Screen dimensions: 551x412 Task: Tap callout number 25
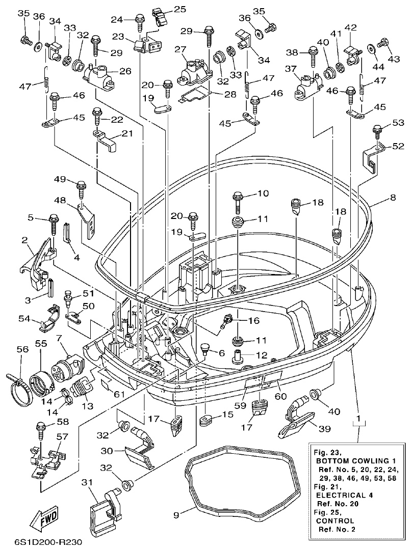coord(180,9)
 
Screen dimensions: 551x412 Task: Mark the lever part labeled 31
coord(104,509)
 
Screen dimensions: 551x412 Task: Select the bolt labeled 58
coord(40,430)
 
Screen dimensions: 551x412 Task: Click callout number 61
coord(118,394)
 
